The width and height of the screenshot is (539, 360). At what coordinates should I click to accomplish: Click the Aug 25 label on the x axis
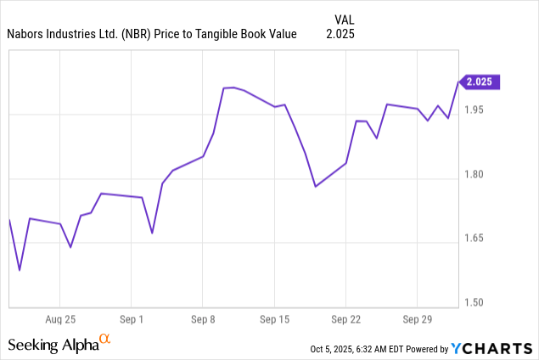59,319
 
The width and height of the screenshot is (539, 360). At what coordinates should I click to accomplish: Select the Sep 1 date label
131,319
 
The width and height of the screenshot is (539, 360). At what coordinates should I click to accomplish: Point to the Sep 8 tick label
202,319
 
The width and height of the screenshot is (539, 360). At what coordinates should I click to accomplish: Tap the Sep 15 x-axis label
273,319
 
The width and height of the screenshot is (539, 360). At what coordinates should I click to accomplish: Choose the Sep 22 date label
345,319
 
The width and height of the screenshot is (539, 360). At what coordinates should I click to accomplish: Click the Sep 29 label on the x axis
416,319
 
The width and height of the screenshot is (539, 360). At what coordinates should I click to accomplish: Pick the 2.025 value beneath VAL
340,35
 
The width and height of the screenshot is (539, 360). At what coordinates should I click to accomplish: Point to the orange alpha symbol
105,340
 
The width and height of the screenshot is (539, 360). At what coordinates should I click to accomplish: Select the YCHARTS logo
492,347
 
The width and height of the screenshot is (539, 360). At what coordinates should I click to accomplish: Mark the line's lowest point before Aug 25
20,270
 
